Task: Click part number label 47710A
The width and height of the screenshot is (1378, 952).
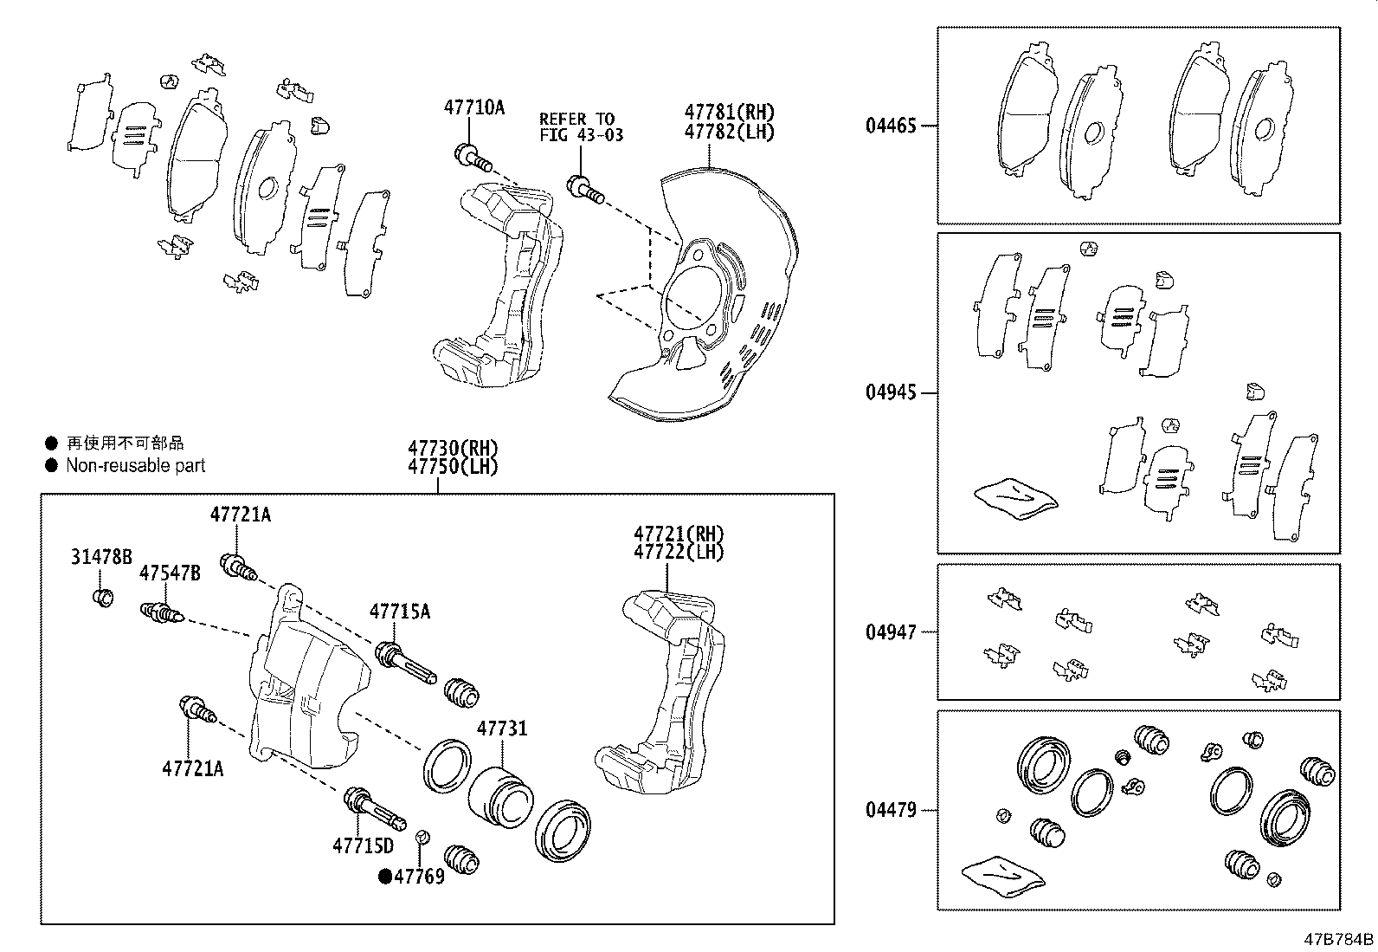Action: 473,108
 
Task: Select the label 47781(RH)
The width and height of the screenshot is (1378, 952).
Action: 729,112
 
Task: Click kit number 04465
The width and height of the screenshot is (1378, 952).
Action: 890,126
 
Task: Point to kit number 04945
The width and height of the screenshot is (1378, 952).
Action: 890,393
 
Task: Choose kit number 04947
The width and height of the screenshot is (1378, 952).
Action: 890,632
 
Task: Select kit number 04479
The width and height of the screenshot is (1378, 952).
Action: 890,811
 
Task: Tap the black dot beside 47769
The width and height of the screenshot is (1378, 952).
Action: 385,877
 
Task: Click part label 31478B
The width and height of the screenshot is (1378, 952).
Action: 101,556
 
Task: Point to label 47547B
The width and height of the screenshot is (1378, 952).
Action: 170,573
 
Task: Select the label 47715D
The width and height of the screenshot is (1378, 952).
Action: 363,845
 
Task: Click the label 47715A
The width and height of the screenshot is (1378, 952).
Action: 399,612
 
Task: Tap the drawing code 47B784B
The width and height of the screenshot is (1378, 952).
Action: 1339,939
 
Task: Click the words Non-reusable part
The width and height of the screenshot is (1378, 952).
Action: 136,466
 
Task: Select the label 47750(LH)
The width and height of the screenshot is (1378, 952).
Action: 454,466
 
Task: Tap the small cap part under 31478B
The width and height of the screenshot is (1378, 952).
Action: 102,597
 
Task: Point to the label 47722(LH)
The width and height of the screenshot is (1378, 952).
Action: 679,552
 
